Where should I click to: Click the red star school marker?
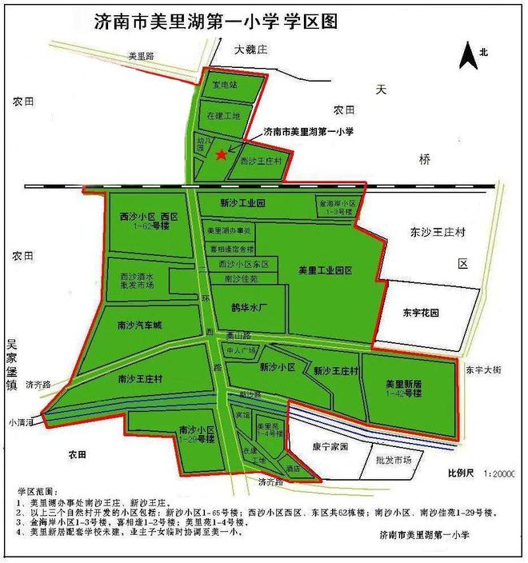coord(221,154)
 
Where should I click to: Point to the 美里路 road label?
coord(146,57)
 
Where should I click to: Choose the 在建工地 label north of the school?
coord(223,117)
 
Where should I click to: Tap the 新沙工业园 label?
coord(242,204)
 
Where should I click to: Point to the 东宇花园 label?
coord(422,312)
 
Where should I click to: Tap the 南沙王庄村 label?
coord(139,377)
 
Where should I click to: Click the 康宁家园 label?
coord(328,448)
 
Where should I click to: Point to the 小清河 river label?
coord(22,421)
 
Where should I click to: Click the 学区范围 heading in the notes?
coord(38,488)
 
